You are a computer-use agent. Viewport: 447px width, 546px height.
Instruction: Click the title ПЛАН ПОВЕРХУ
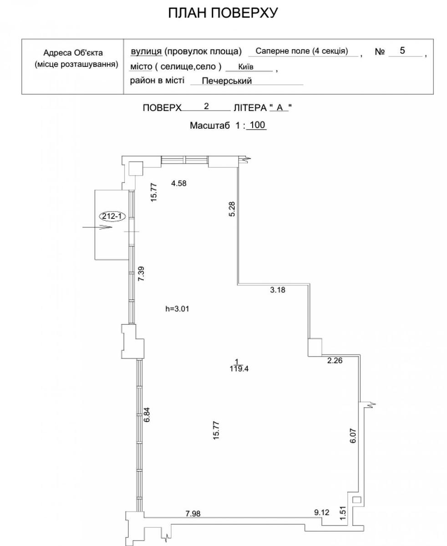[223, 14]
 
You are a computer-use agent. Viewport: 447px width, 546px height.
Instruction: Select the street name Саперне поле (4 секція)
[301, 51]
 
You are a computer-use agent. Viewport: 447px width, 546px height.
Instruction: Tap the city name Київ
[245, 67]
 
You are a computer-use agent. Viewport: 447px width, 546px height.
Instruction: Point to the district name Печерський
[227, 81]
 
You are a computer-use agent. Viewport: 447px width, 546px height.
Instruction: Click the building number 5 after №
[402, 51]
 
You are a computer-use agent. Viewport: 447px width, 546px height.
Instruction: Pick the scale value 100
[258, 125]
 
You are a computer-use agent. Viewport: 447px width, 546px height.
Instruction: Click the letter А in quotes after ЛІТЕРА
[280, 108]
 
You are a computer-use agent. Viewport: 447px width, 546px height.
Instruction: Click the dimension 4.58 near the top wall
[179, 183]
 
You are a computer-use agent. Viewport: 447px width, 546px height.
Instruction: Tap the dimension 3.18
[278, 290]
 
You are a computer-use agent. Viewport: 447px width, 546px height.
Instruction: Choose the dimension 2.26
[335, 361]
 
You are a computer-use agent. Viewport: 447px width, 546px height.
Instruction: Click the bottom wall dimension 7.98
[193, 514]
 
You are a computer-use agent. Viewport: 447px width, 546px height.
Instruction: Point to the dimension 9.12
[322, 513]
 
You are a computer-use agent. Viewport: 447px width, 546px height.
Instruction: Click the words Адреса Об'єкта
[73, 53]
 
